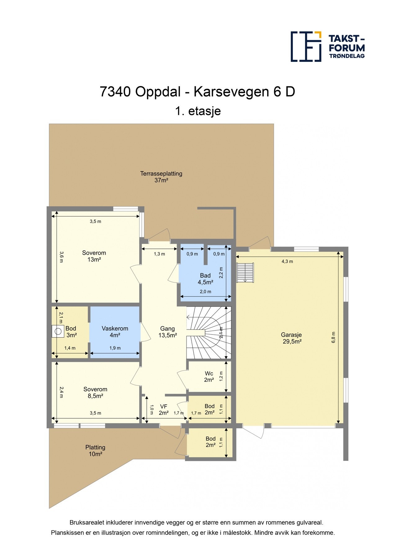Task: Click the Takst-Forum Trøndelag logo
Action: point(327,47)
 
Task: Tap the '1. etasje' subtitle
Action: point(198,111)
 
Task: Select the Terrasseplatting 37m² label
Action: point(161,177)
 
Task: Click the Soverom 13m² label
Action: point(94,256)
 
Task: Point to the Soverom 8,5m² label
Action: point(95,393)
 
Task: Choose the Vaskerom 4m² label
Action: point(115,332)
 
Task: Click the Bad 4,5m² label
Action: point(205,279)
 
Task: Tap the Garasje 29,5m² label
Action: point(291,338)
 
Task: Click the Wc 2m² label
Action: point(209,377)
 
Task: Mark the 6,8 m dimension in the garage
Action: point(334,337)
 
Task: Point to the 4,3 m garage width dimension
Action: point(287,261)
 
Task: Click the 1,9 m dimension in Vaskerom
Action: point(115,348)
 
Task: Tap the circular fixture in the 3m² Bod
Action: point(58,331)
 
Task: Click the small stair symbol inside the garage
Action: point(245,272)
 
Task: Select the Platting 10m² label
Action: point(95,451)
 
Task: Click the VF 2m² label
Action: point(164,410)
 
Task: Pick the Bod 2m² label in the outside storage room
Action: point(210,442)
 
